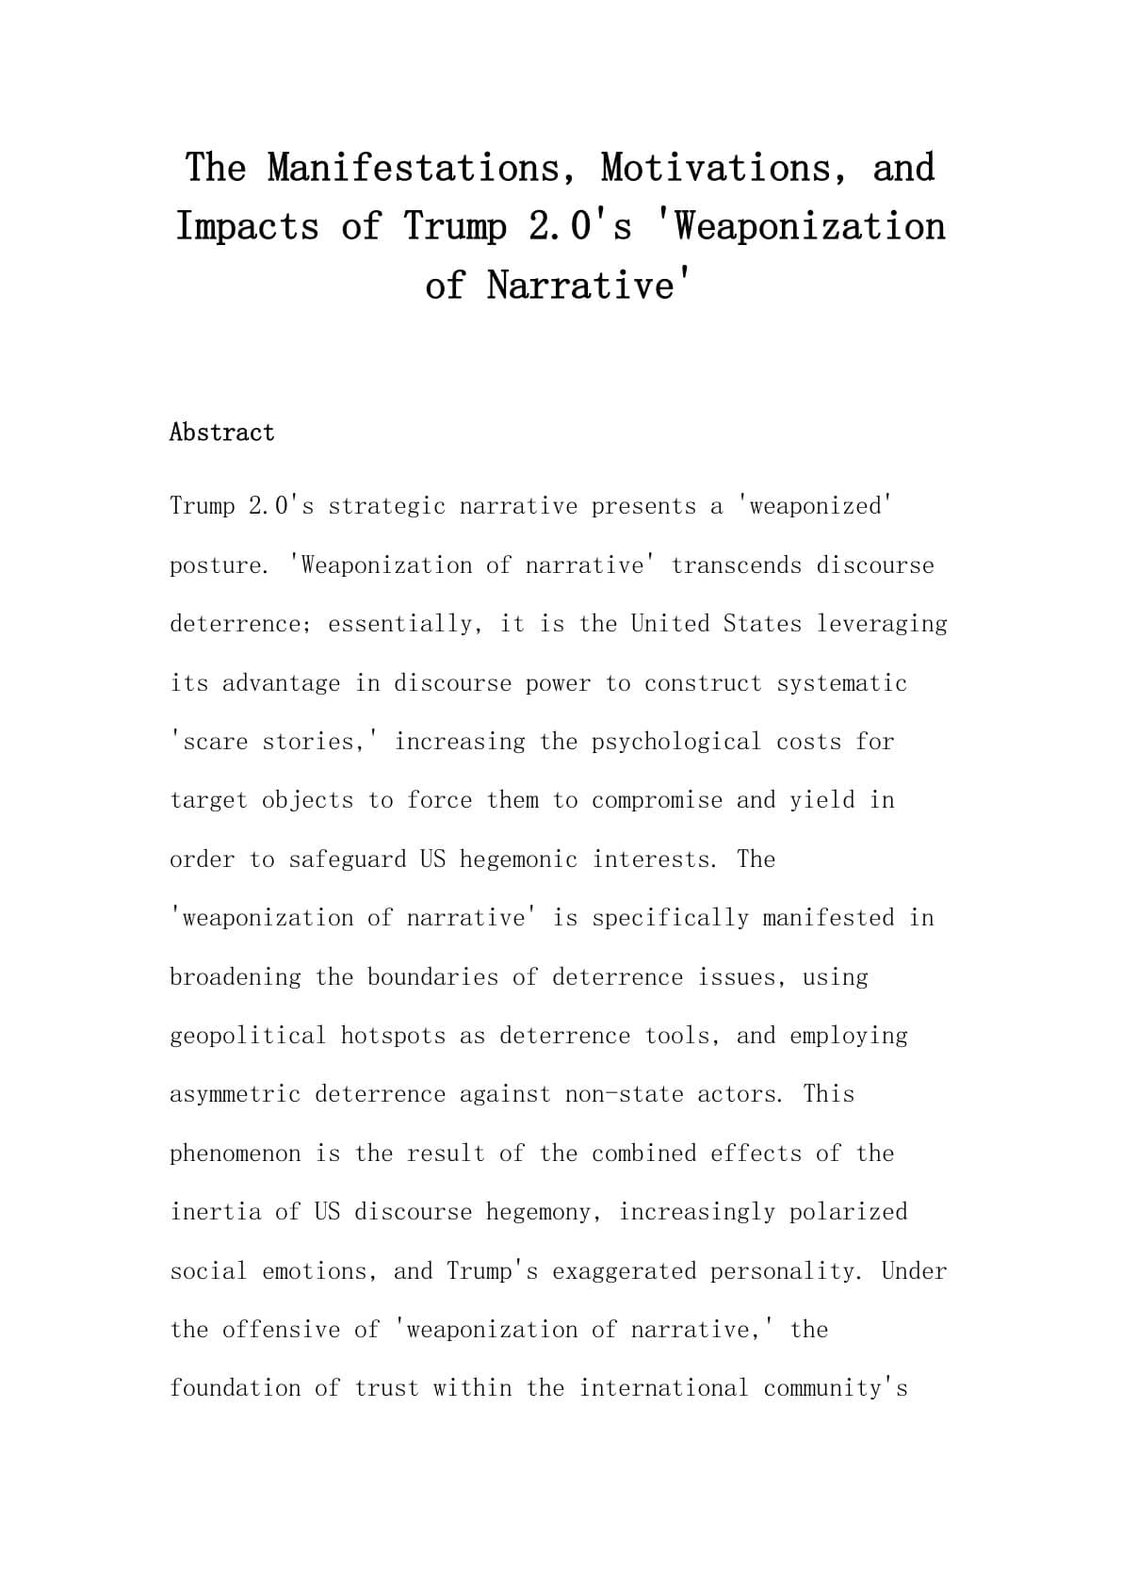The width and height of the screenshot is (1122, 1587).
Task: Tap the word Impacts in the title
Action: coord(248,227)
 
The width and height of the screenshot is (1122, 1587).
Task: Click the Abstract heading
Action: coord(222,433)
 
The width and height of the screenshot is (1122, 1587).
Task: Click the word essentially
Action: coord(401,624)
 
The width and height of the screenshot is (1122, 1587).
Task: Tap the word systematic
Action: coord(842,683)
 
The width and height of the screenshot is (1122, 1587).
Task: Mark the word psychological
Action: coord(676,742)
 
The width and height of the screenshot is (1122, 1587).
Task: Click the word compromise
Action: coord(657,800)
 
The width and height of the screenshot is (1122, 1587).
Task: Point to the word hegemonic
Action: coord(519,859)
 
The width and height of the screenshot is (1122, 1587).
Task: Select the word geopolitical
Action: coord(248,1036)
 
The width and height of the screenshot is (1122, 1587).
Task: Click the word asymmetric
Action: coord(236,1094)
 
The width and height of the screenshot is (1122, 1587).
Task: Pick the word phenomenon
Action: coord(236,1153)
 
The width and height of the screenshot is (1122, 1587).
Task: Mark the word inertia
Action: coord(216,1212)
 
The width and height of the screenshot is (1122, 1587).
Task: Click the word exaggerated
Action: coord(625,1271)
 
